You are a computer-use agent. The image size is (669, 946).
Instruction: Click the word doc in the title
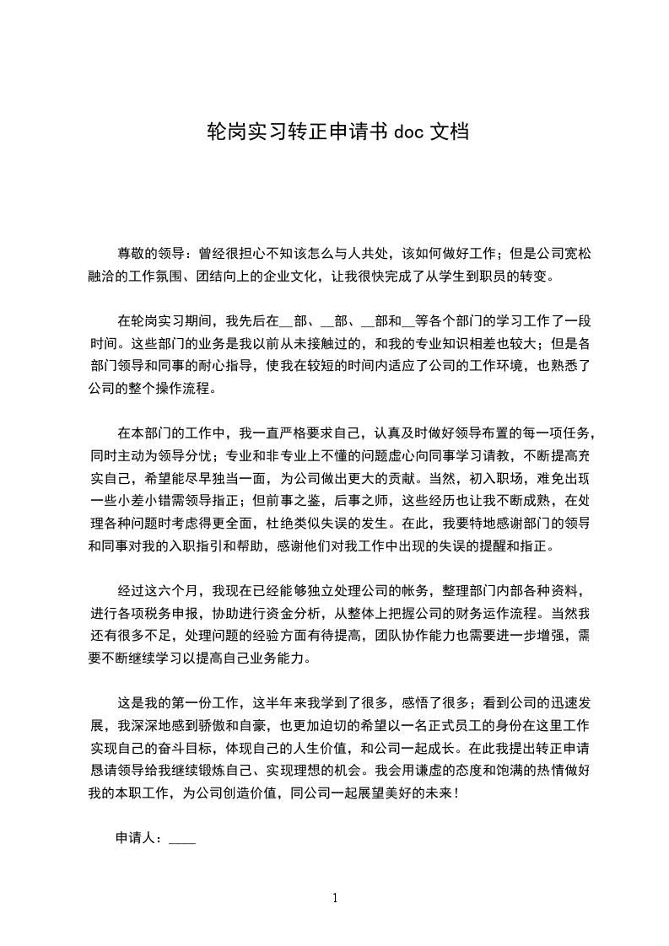pos(408,132)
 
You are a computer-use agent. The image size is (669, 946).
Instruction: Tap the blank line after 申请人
pos(183,841)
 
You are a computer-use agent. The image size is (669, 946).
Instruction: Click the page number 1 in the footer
pos(335,898)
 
